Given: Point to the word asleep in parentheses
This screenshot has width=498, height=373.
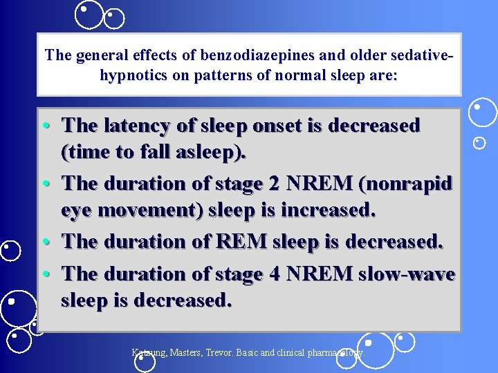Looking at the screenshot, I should pyautogui.click(x=207, y=151).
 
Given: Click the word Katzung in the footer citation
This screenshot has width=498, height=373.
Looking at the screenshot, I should pyautogui.click(x=149, y=352).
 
